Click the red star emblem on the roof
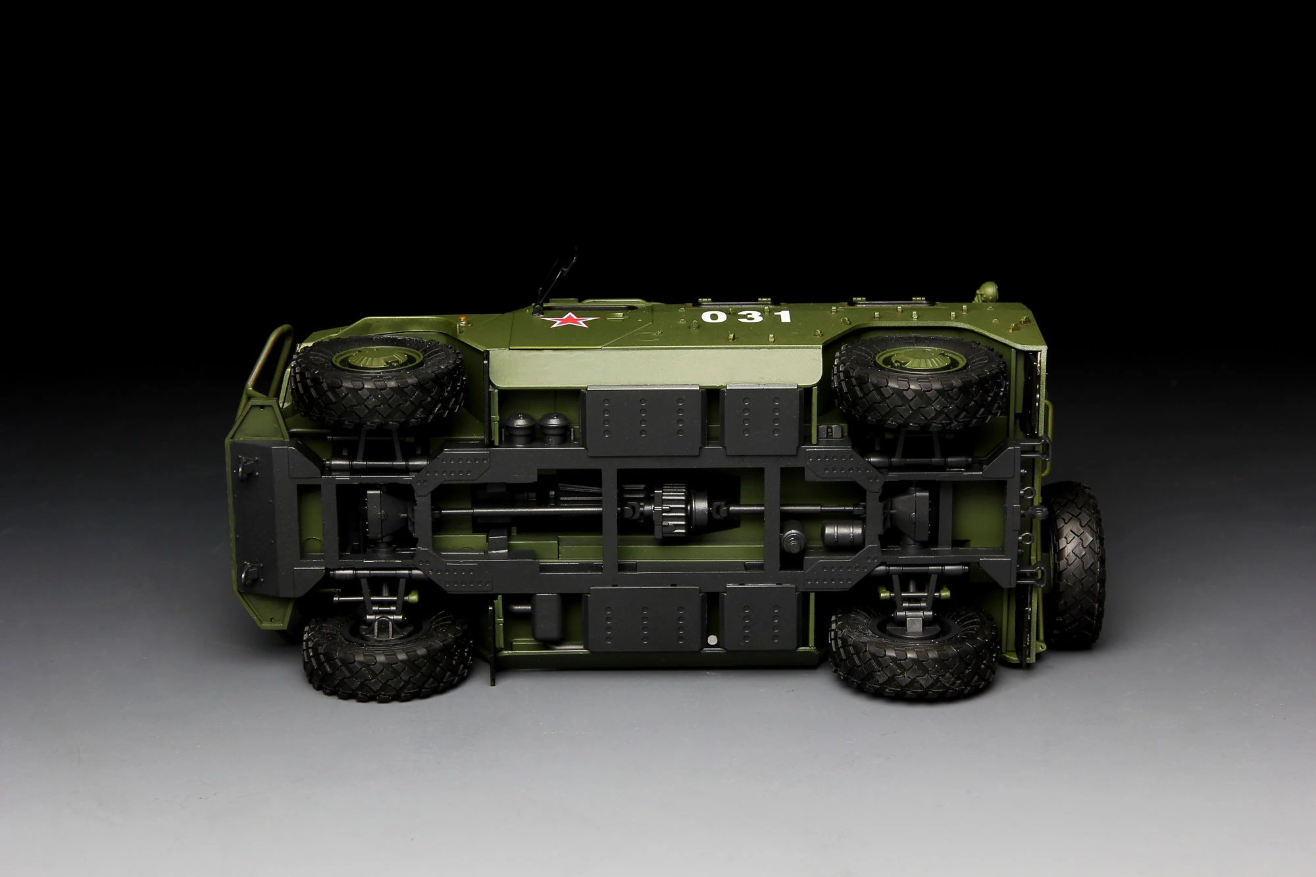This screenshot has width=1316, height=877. click(565, 322)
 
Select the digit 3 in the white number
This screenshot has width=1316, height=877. click(749, 316)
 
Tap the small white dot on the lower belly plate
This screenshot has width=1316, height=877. click(713, 639)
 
